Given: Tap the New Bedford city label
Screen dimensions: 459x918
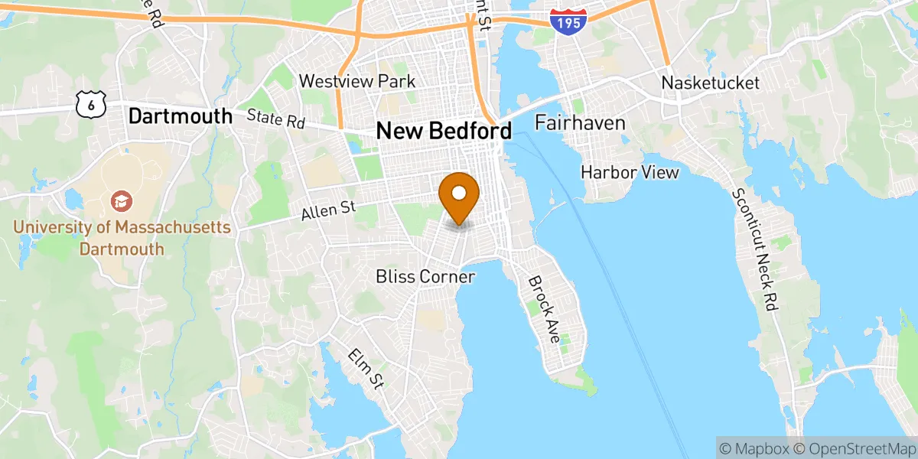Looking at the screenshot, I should pos(444,131).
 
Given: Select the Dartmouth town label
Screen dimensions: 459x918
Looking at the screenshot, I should pos(180,116).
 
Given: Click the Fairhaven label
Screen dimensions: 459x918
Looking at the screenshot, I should pos(580,122).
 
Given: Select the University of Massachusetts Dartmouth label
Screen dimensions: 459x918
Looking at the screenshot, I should pos(122,238).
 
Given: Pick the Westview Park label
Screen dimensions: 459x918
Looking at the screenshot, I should pos(357,81).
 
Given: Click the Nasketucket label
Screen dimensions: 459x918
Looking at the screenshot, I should pos(711,83).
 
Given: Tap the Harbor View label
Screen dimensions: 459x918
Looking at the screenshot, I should pos(630,172).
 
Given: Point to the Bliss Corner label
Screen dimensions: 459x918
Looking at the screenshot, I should pos(425,276).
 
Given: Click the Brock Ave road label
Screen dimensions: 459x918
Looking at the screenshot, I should pos(545,308).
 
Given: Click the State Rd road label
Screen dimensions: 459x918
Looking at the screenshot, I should pos(275,120).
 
